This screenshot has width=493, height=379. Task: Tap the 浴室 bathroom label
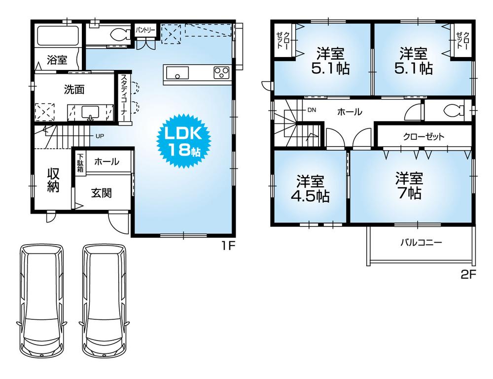[57, 60]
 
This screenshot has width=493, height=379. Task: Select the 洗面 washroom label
[74, 89]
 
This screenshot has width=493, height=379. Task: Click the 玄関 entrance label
[101, 192]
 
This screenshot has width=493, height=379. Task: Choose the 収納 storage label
[53, 180]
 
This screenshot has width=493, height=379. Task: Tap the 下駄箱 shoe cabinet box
[80, 162]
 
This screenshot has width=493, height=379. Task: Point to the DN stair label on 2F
[312, 110]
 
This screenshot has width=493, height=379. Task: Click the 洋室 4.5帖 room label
[310, 189]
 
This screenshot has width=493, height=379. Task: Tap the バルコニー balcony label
[421, 242]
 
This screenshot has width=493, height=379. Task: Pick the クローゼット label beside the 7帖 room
[423, 136]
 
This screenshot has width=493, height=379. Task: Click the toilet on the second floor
[453, 110]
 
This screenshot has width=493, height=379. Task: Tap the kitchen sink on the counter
[177, 74]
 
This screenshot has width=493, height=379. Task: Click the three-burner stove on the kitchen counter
[221, 73]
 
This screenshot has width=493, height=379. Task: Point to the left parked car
[41, 298]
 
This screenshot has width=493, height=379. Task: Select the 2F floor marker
[468, 275]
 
